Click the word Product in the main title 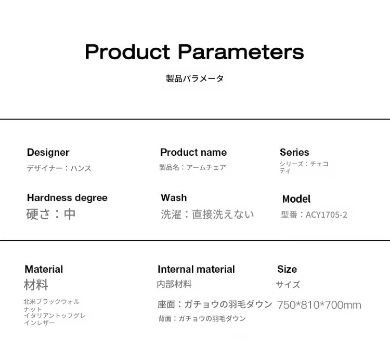click(x=127, y=51)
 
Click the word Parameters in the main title click(x=241, y=51)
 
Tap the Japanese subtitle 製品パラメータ click(x=195, y=78)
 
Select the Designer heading click(x=48, y=152)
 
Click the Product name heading click(x=193, y=152)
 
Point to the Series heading click(x=294, y=152)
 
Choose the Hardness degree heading click(x=67, y=198)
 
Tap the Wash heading click(x=174, y=198)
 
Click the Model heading click(x=296, y=199)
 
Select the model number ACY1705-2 click(x=327, y=215)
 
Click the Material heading click(x=44, y=269)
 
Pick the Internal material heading click(x=196, y=269)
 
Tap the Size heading click(x=287, y=269)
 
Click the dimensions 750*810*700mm click(x=319, y=305)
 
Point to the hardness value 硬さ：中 click(x=51, y=214)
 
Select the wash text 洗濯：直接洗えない click(x=207, y=215)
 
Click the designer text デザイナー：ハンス click(x=59, y=168)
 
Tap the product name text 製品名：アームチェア click(x=193, y=167)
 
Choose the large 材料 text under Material click(x=36, y=285)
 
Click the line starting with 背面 click(x=202, y=318)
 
